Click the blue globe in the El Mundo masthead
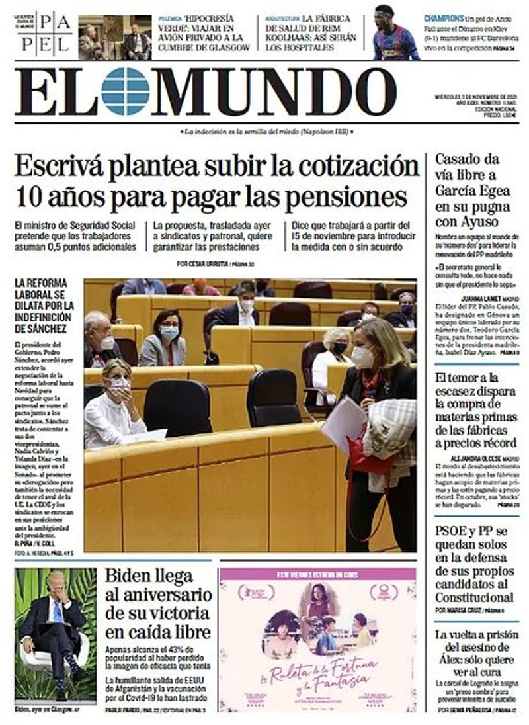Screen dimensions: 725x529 click(126, 91)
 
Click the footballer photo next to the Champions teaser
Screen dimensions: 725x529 click(395, 33)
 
